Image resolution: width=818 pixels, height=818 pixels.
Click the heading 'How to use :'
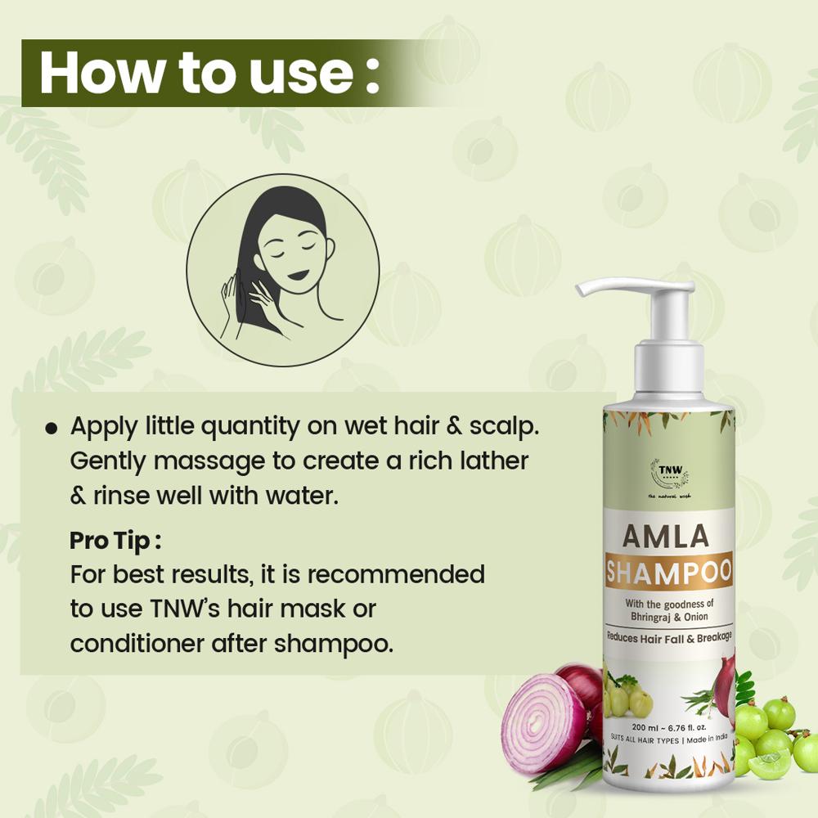coord(209,74)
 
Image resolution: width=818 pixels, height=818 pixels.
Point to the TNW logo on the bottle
coord(668,473)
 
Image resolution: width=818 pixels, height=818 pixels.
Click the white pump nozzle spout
coord(605,288)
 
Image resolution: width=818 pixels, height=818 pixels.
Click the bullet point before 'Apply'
coord(52,428)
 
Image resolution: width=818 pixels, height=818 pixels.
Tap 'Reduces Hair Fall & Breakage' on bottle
coord(668,636)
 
